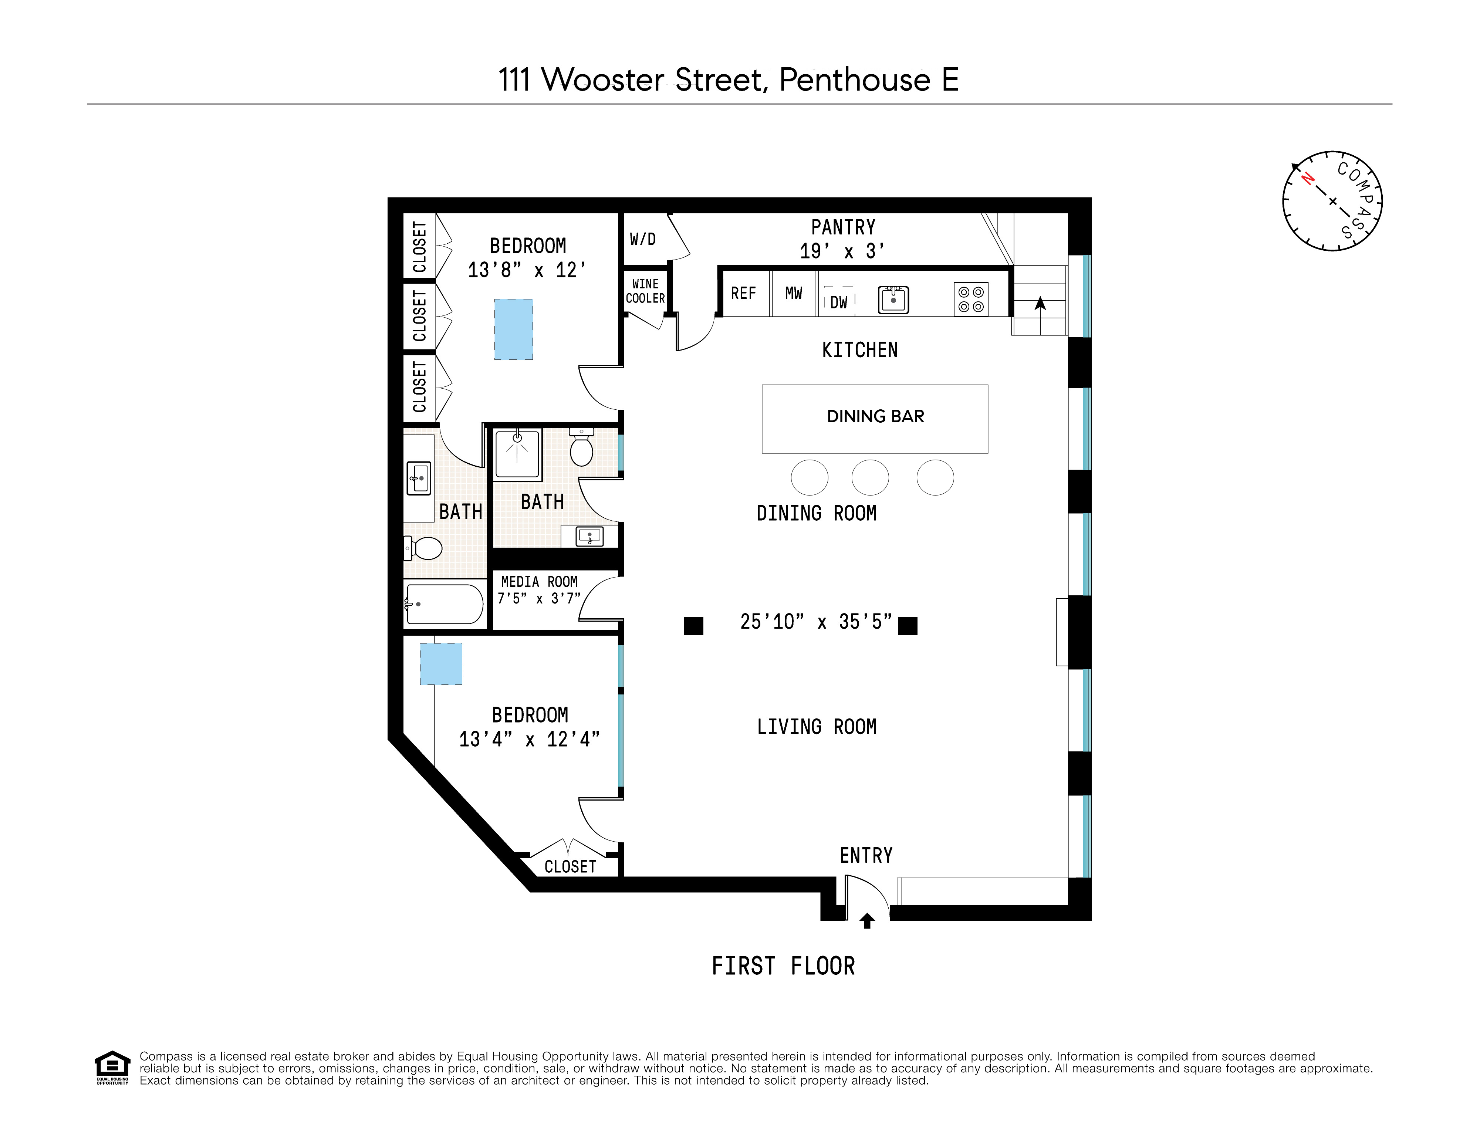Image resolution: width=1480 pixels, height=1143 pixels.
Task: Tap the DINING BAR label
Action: point(875,417)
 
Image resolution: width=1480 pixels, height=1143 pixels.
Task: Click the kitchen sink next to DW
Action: point(893,300)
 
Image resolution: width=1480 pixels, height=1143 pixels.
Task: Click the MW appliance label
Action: point(794,293)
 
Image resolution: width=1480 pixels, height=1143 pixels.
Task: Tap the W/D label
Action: point(642,239)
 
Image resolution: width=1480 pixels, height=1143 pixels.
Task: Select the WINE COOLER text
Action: point(645,291)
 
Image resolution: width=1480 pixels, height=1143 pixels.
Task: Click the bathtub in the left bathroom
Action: point(444,604)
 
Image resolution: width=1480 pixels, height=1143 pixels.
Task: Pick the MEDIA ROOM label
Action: point(540,582)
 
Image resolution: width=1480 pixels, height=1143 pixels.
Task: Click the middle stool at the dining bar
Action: point(870,478)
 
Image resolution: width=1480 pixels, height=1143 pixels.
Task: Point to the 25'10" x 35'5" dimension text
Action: point(816,622)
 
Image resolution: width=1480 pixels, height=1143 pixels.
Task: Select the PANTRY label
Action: point(843,228)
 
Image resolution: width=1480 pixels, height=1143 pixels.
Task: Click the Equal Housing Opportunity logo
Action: point(112,1067)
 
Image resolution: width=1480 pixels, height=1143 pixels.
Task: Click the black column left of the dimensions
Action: point(693,625)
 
